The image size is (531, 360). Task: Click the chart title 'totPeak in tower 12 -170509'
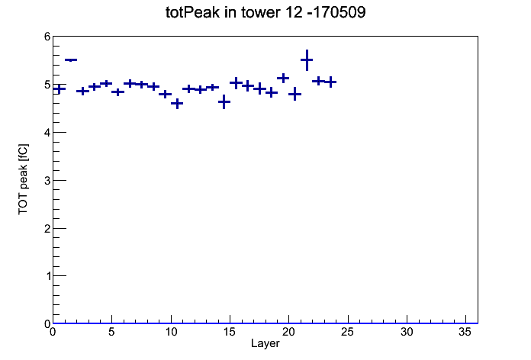tap(265, 12)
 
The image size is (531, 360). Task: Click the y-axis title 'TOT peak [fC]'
tap(24, 179)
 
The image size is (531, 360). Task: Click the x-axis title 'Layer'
tap(265, 343)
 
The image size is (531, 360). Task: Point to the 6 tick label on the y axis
tap(47, 37)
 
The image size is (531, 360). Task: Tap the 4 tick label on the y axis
tap(47, 133)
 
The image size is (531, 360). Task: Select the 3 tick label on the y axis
tap(47, 181)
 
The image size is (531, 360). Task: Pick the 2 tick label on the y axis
tap(47, 228)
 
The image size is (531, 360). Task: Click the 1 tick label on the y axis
tap(47, 276)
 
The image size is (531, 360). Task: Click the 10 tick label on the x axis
tap(171, 333)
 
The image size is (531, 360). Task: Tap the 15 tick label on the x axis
tap(230, 333)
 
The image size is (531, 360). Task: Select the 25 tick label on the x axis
tap(348, 333)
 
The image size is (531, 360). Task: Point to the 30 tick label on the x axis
tap(407, 333)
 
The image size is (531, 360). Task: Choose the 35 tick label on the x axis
tap(465, 333)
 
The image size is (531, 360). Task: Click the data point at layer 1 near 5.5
tap(71, 60)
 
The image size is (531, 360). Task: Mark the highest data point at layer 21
tap(307, 60)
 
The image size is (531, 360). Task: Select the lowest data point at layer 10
tap(177, 104)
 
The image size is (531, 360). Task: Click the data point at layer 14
tap(224, 101)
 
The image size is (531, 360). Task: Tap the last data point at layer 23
tap(330, 82)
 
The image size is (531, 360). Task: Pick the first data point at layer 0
tap(60, 89)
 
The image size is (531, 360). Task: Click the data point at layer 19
tap(283, 79)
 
